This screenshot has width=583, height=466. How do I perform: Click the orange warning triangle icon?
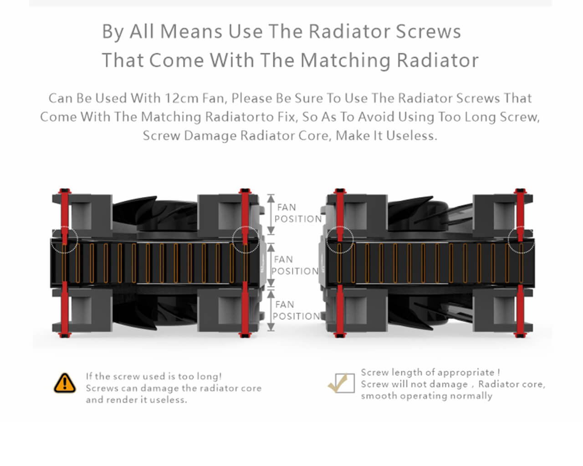pos(65,383)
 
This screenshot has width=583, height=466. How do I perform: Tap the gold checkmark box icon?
pos(342,383)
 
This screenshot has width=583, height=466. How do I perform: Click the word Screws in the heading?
pos(428,31)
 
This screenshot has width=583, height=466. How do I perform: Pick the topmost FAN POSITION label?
pos(298,213)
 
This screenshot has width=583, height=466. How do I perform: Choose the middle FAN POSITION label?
pos(296,265)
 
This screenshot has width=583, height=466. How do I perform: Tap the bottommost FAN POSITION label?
pos(297,310)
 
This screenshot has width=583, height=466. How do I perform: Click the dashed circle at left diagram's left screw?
pos(64,239)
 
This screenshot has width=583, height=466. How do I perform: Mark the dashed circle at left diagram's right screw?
pos(245,239)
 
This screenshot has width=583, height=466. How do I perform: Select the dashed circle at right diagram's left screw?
pos(339,239)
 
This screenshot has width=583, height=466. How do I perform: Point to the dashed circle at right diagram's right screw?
pos(522,239)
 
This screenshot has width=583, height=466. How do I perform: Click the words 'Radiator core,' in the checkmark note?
pos(511,384)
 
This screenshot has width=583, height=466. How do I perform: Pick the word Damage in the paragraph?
pos(210,136)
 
